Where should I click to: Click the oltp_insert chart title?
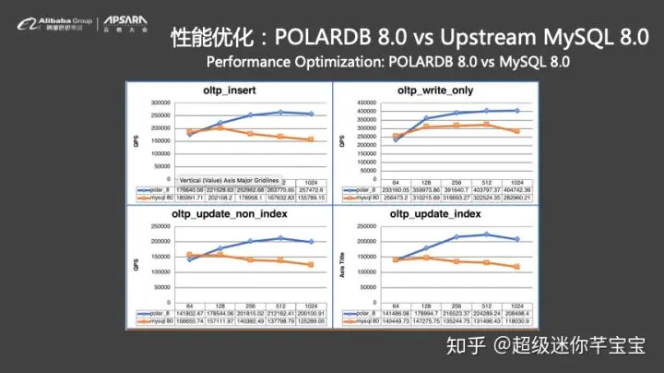[x=229, y=91]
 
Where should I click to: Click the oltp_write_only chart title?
[x=434, y=91]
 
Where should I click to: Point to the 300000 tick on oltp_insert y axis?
[x=160, y=103]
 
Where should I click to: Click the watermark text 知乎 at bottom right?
[x=465, y=346]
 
